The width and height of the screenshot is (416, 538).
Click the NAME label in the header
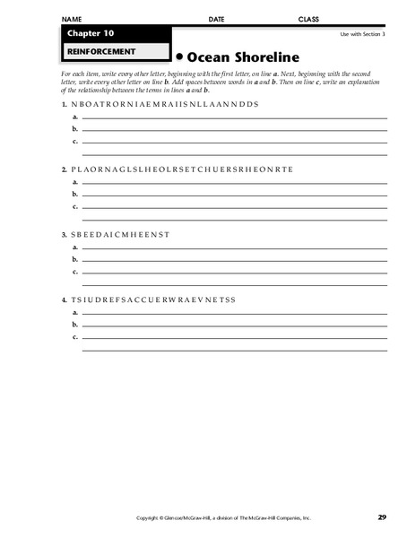pos(74,19)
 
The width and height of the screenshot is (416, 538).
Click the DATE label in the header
pos(216,19)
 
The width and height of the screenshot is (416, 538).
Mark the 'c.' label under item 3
pos(74,271)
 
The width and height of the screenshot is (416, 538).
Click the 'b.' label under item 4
pos(74,324)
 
